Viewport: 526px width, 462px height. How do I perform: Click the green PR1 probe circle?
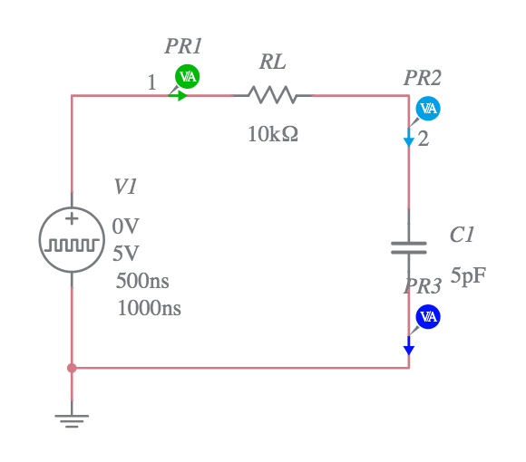tap(188, 76)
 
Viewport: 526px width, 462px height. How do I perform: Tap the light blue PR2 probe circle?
tap(428, 109)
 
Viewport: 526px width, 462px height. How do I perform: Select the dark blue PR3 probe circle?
tap(428, 316)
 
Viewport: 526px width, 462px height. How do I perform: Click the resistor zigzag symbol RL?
tap(272, 95)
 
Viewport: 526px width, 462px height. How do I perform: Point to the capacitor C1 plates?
tap(409, 248)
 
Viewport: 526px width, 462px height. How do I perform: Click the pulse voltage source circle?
tap(72, 241)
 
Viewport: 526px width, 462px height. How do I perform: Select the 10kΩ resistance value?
tap(273, 135)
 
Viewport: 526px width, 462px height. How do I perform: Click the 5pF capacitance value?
tap(468, 276)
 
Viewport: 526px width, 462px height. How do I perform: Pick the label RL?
tap(272, 63)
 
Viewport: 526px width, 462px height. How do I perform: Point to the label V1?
tap(125, 187)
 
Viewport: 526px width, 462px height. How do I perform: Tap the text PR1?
tap(183, 46)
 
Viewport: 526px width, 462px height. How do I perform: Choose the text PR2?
tap(423, 79)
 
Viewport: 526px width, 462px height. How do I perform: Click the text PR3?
tap(423, 287)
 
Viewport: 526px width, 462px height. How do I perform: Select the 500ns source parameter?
tap(142, 280)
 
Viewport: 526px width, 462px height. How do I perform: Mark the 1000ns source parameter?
tap(149, 308)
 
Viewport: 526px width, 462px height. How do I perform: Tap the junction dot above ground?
tap(72, 368)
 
